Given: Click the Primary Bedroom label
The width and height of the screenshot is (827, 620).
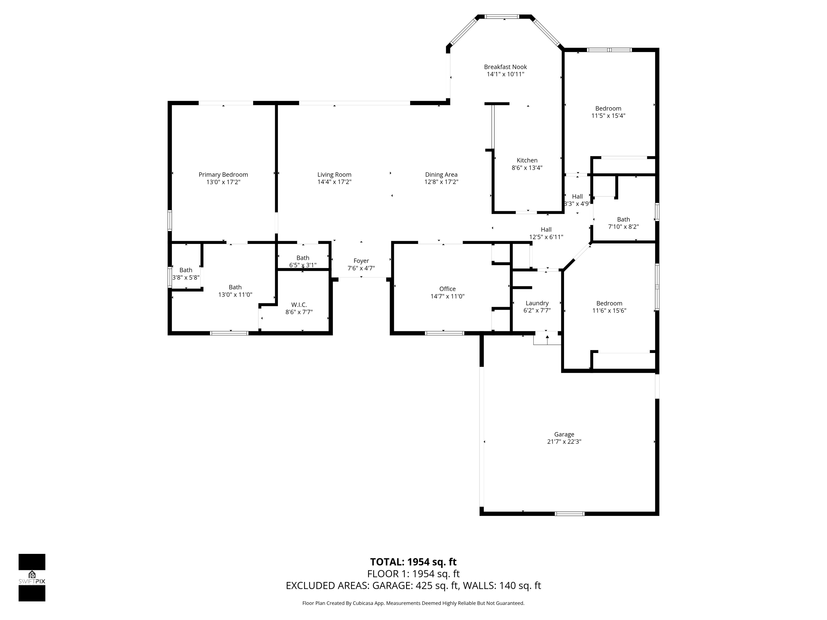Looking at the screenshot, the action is click(223, 174).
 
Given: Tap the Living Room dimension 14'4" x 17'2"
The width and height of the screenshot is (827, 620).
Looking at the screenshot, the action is click(334, 182).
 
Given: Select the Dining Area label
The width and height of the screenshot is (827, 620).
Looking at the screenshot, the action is click(441, 174).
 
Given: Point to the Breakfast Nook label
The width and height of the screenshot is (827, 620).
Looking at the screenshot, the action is click(506, 67).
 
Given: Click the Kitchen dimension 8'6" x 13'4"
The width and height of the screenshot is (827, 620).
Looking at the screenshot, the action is click(527, 168).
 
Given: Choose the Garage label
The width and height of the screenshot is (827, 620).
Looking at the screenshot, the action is click(564, 434).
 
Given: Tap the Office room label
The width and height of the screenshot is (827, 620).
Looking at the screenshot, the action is click(447, 289).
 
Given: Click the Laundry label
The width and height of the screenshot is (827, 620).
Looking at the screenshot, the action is click(537, 303).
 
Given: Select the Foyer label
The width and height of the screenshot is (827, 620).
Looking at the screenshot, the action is click(361, 261).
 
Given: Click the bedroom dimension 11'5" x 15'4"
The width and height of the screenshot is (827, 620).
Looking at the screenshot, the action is click(608, 116).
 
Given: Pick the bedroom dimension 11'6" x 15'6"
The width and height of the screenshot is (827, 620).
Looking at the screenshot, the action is click(609, 311).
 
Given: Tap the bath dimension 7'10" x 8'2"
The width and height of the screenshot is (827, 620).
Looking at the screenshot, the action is click(624, 227).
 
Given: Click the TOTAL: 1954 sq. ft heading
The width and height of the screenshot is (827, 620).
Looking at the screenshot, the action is click(413, 562).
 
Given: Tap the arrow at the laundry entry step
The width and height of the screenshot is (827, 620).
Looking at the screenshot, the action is click(547, 339).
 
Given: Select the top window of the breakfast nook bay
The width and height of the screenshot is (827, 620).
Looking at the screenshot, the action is click(502, 17).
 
